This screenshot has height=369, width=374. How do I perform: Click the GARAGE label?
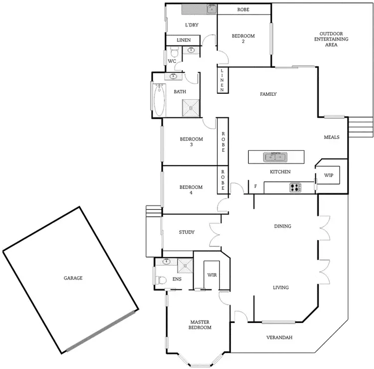tap(73, 278)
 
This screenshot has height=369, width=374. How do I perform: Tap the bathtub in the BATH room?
tap(159, 99)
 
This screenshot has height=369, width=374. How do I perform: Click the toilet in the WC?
tap(174, 51)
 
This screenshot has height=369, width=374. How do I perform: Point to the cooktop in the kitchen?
tap(295, 188)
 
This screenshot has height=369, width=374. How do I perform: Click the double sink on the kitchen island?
tap(276, 157)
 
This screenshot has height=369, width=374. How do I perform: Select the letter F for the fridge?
tap(255, 187)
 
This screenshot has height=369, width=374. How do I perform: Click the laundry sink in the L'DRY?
tap(211, 9)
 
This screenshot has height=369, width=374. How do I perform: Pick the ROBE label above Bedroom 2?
tap(243, 9)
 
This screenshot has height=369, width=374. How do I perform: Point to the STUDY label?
tap(187, 232)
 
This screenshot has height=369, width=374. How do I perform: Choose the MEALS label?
tap(332, 137)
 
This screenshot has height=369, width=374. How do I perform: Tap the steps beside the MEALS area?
tap(360, 127)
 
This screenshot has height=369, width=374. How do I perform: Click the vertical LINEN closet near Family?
tap(222, 80)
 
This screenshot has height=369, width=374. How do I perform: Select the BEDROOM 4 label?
tap(191, 190)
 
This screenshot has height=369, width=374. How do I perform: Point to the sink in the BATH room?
tap(174, 76)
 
